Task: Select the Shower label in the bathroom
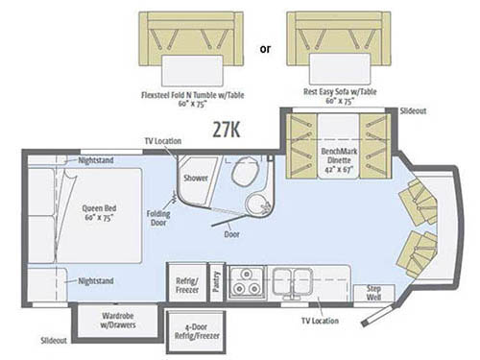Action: tap(196, 177)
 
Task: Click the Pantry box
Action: tap(217, 281)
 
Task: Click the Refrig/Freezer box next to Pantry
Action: tap(187, 281)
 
